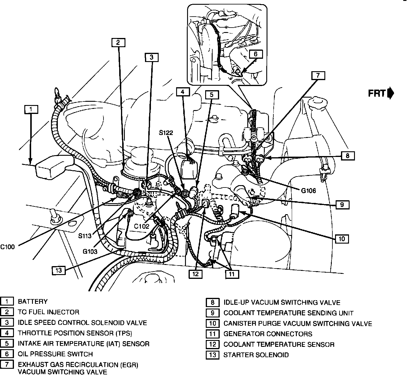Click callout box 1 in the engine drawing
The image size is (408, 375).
31,109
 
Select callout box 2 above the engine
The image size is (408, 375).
118,42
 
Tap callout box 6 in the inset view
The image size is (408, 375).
256,54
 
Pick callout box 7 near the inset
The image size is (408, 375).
318,75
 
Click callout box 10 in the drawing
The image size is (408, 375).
342,239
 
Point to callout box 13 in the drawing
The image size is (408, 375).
59,270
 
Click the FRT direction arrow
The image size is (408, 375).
391,93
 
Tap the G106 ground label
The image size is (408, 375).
308,191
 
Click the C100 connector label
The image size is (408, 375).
7,247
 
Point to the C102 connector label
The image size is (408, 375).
141,226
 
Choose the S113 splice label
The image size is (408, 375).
85,236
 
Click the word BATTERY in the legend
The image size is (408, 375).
33,301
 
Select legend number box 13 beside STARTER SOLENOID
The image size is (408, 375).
213,355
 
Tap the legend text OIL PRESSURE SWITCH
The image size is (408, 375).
55,354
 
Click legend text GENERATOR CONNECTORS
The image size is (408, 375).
268,334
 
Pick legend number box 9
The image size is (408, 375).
213,313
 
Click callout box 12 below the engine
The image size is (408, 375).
195,274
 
